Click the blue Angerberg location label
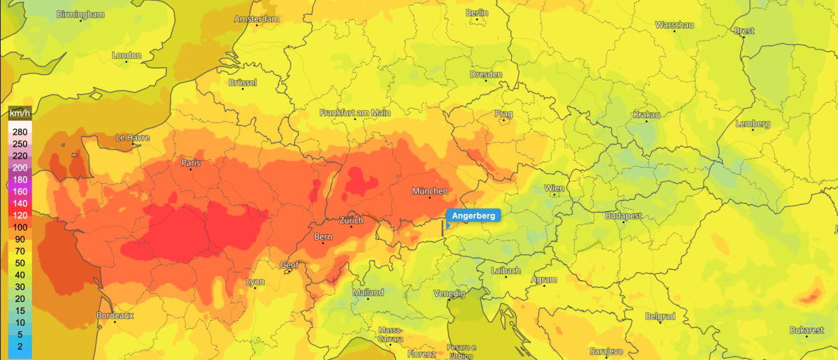tap(473, 216)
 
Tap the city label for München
tap(429, 191)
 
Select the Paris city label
tap(191, 163)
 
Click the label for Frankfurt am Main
tap(355, 113)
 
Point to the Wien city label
tap(554, 188)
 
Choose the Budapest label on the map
tap(624, 216)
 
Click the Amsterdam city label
tap(256, 18)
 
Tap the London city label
tap(126, 55)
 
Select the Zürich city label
tap(351, 220)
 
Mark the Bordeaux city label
tap(115, 315)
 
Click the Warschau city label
tap(674, 25)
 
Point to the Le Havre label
tap(133, 138)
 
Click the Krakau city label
tap(646, 115)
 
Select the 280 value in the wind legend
tap(20, 131)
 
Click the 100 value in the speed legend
tap(20, 226)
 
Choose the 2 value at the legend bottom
tap(20, 346)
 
